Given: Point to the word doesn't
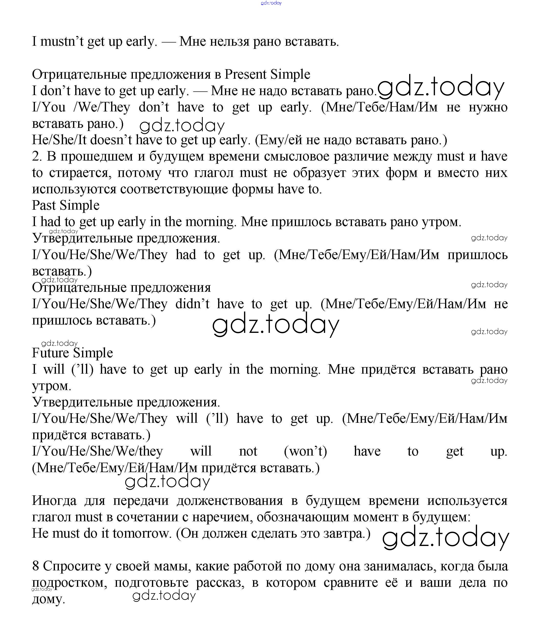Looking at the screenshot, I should coord(111,140).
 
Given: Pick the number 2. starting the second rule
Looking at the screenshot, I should coord(37,156).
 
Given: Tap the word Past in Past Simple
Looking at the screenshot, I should coord(44,205).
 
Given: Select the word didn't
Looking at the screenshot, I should coord(192,304).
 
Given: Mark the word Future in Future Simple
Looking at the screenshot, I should coord(50,353).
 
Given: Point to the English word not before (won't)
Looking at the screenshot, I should coord(248,451).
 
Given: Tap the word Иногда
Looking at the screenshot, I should coord(54,501).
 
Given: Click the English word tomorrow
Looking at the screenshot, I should coord(141,533).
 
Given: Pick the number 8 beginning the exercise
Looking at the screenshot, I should coord(36,566).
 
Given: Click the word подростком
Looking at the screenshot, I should coord(69,583).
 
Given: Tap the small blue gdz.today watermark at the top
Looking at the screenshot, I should coord(271,3).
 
